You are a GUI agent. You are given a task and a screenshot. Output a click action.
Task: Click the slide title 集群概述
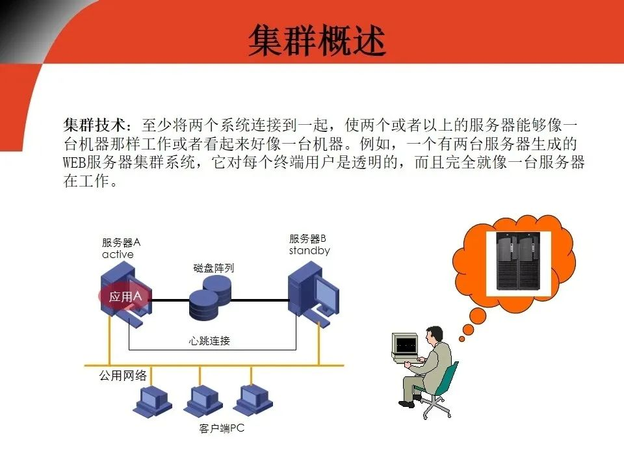pyautogui.click(x=317, y=40)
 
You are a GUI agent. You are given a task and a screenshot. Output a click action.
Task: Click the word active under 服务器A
pyautogui.click(x=118, y=255)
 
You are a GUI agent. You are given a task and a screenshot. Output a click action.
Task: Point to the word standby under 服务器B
pyautogui.click(x=309, y=251)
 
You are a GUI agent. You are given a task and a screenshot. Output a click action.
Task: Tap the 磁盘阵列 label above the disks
pyautogui.click(x=213, y=267)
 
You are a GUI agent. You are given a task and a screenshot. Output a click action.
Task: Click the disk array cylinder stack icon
pyautogui.click(x=210, y=296)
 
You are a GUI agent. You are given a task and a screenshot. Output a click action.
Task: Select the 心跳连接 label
pyautogui.click(x=209, y=341)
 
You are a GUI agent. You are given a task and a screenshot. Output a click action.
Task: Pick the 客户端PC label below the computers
pyautogui.click(x=222, y=429)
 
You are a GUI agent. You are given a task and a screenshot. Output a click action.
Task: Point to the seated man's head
pyautogui.click(x=435, y=336)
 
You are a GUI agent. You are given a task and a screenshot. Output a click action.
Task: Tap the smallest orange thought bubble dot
pyautogui.click(x=461, y=339)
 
